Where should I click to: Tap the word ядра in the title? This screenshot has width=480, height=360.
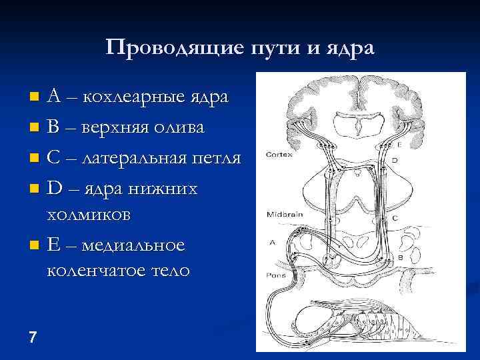[350, 49]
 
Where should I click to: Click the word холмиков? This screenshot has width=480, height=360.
[89, 215]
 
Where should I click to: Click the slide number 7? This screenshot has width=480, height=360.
[33, 337]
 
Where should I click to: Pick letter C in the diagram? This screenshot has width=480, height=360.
[395, 218]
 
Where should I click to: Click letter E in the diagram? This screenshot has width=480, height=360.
[399, 145]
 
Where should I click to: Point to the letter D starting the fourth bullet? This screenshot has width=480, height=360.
[55, 189]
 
